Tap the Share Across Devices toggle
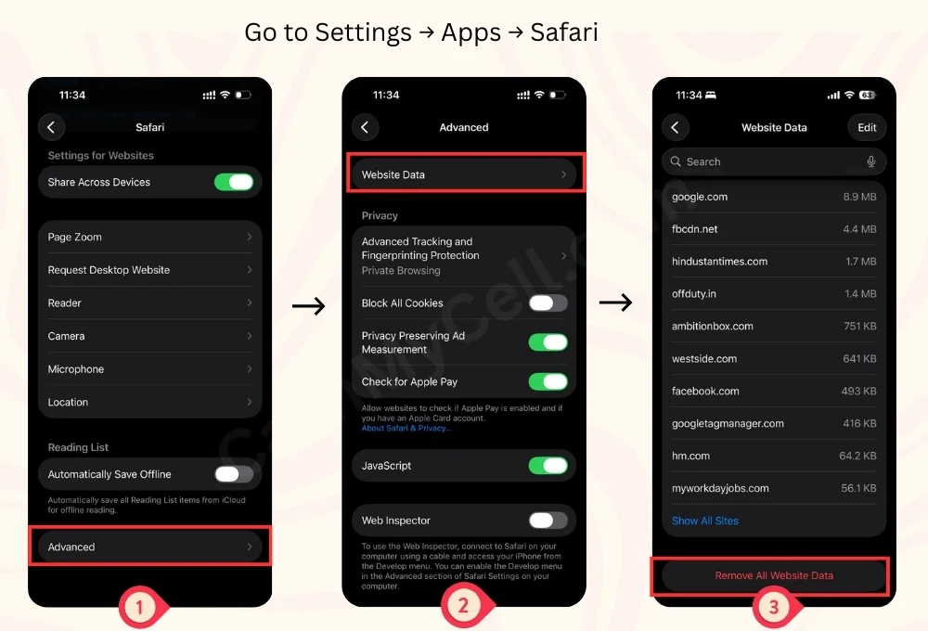(234, 182)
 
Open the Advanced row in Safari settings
(149, 547)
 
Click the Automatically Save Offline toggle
(234, 474)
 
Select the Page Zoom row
(149, 237)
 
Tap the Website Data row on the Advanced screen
(464, 174)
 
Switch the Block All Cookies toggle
(548, 303)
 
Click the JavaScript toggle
(548, 466)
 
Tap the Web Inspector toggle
(548, 521)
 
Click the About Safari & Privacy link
(406, 428)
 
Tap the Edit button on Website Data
(867, 127)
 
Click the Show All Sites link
(705, 521)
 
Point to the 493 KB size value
(858, 392)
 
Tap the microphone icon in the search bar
(871, 161)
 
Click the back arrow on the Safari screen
(51, 127)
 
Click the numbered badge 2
(463, 606)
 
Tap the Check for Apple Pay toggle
(548, 381)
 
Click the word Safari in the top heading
(564, 32)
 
